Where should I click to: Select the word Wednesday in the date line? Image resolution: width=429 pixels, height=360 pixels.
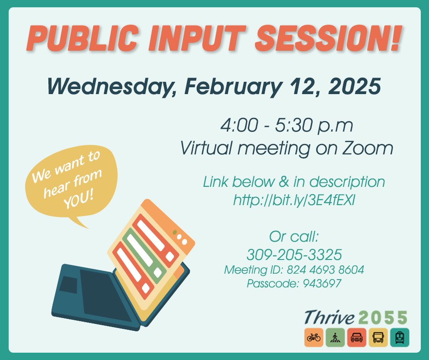(109, 86)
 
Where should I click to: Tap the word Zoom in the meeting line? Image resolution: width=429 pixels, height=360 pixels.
(368, 148)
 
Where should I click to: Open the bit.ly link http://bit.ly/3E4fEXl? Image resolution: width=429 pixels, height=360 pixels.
(294, 200)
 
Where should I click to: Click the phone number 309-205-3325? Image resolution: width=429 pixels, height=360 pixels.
(294, 254)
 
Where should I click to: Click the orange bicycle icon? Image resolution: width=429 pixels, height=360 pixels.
(314, 338)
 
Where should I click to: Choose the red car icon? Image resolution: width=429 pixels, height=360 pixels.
(356, 338)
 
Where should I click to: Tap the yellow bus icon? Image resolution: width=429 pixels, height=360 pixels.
(378, 338)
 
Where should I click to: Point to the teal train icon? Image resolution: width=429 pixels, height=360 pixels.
(399, 338)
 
